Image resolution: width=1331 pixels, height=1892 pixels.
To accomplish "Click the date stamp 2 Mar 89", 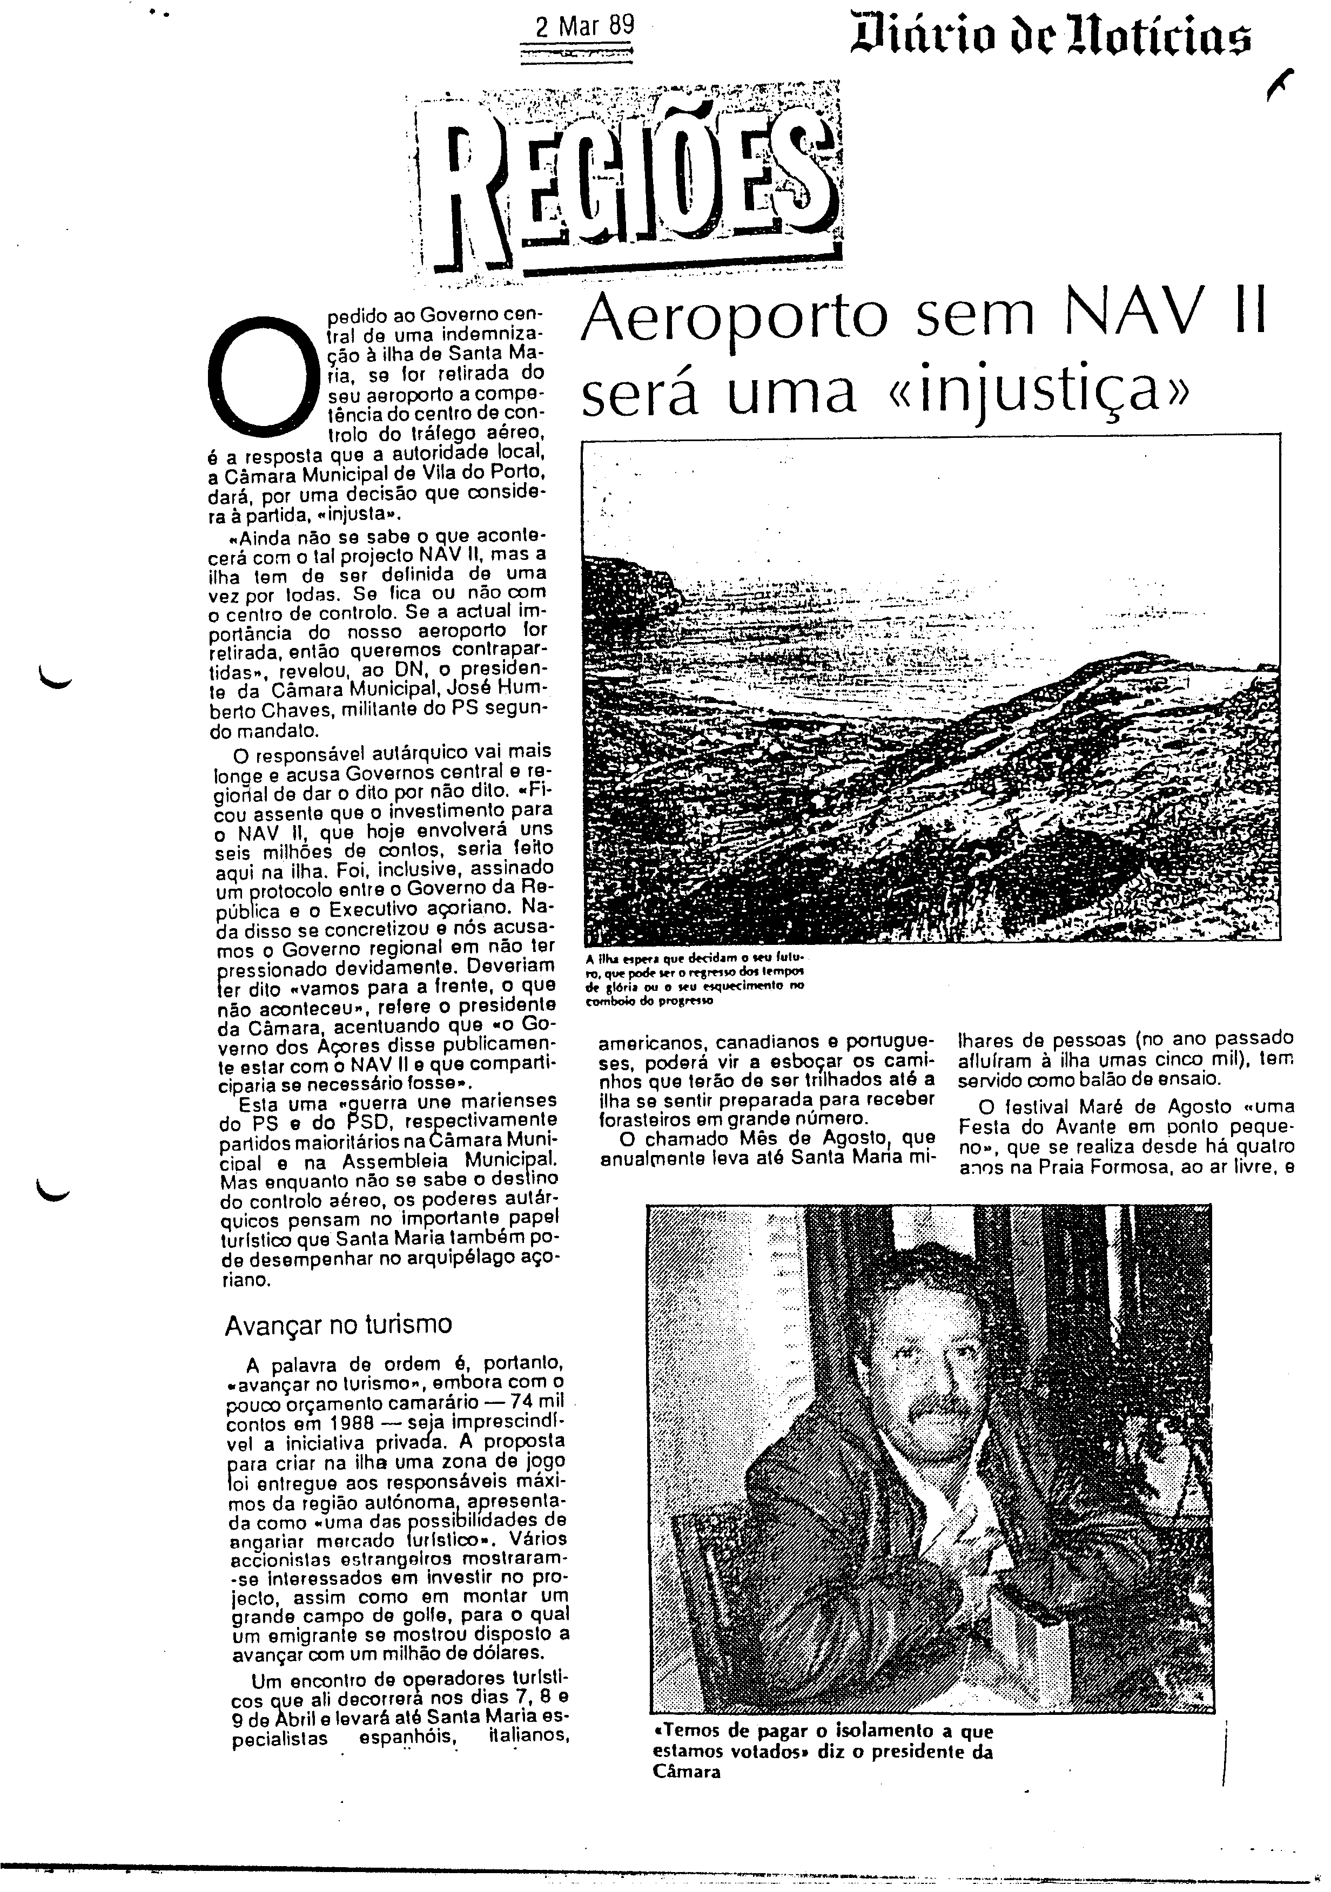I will click(x=585, y=26).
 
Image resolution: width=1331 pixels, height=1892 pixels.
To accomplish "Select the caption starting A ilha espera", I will click(x=696, y=981).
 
